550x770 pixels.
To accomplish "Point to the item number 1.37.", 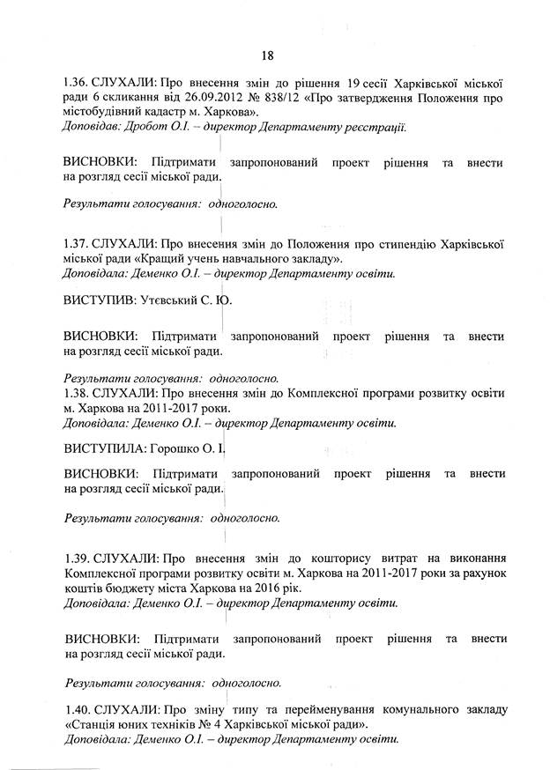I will click(77, 242).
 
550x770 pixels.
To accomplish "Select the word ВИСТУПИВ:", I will click(97, 301).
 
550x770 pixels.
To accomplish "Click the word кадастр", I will click(175, 113).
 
